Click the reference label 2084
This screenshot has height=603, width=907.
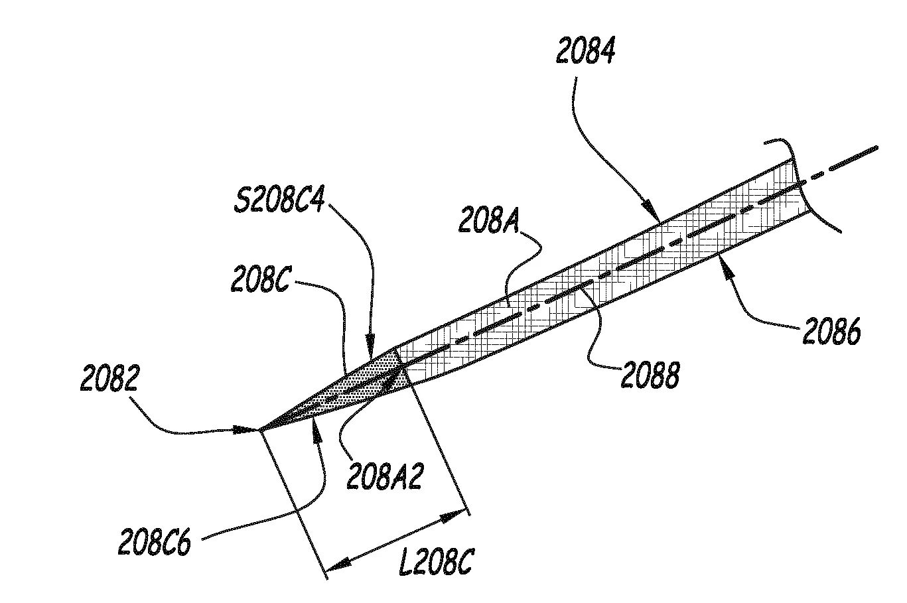click(x=585, y=50)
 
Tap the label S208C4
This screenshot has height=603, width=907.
click(x=279, y=198)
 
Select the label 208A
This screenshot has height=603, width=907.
click(x=488, y=220)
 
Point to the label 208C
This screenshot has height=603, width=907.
click(x=260, y=279)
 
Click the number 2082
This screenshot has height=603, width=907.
click(x=110, y=377)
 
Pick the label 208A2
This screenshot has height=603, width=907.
click(x=385, y=476)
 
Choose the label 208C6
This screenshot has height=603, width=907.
click(x=155, y=541)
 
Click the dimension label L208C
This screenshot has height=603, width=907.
click(x=436, y=561)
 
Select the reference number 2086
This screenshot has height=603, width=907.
click(x=831, y=330)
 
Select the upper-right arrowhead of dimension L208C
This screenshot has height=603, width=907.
click(x=454, y=516)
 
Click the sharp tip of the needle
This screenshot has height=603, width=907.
click(x=259, y=430)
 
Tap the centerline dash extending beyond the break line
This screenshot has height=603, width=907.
click(x=853, y=159)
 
